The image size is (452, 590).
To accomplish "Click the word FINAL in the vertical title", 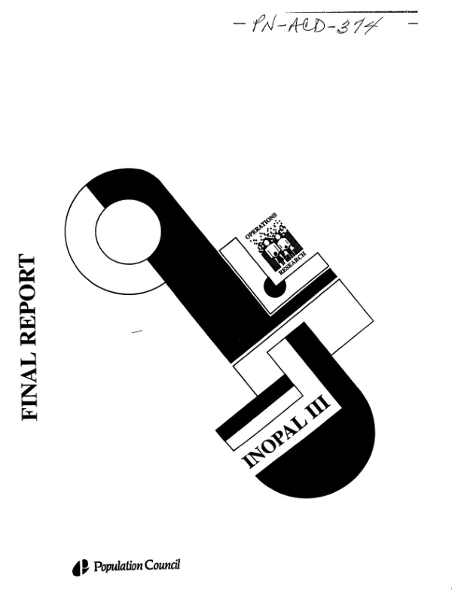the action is (x=29, y=384).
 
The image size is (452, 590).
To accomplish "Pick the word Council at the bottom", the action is (x=163, y=564).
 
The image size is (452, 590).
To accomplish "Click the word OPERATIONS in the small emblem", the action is (x=261, y=226).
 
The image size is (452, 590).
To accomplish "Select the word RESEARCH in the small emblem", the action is (x=292, y=263).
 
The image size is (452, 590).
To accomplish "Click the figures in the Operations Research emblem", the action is (x=278, y=248).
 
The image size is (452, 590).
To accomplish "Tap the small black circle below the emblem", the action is (x=274, y=287).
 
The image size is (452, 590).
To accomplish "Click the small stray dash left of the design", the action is (x=137, y=331).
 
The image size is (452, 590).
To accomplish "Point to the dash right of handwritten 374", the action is (x=413, y=23).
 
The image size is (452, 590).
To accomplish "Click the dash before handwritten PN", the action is (x=239, y=25).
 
